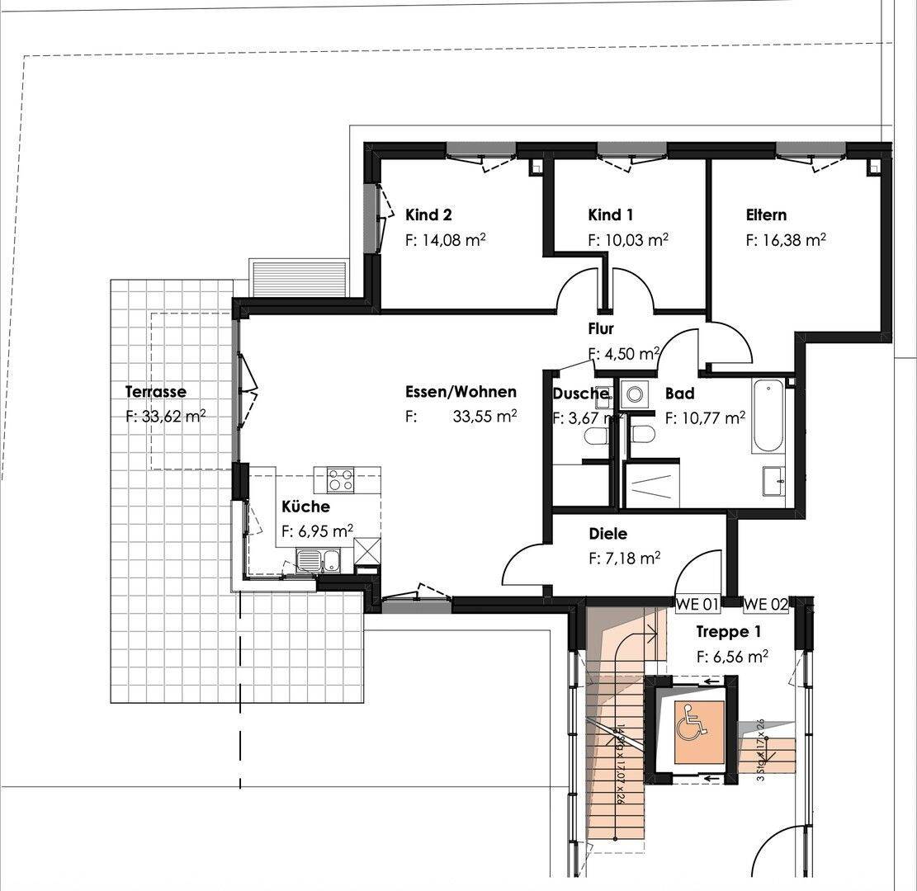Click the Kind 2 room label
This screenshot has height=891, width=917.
[428, 215]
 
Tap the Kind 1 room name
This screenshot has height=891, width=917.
[610, 215]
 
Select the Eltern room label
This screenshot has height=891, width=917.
[766, 215]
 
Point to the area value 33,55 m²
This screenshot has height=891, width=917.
[484, 417]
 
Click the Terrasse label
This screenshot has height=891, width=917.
[155, 392]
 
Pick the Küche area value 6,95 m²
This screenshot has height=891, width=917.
[318, 532]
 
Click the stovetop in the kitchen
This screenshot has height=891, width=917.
[341, 479]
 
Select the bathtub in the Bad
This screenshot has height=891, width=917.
[768, 416]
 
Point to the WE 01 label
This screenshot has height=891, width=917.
[697, 605]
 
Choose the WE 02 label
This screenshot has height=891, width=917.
[765, 605]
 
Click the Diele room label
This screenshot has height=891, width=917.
[607, 535]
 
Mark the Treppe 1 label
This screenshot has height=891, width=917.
[729, 632]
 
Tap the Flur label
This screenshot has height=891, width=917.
[600, 329]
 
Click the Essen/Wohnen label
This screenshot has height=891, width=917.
[461, 392]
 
